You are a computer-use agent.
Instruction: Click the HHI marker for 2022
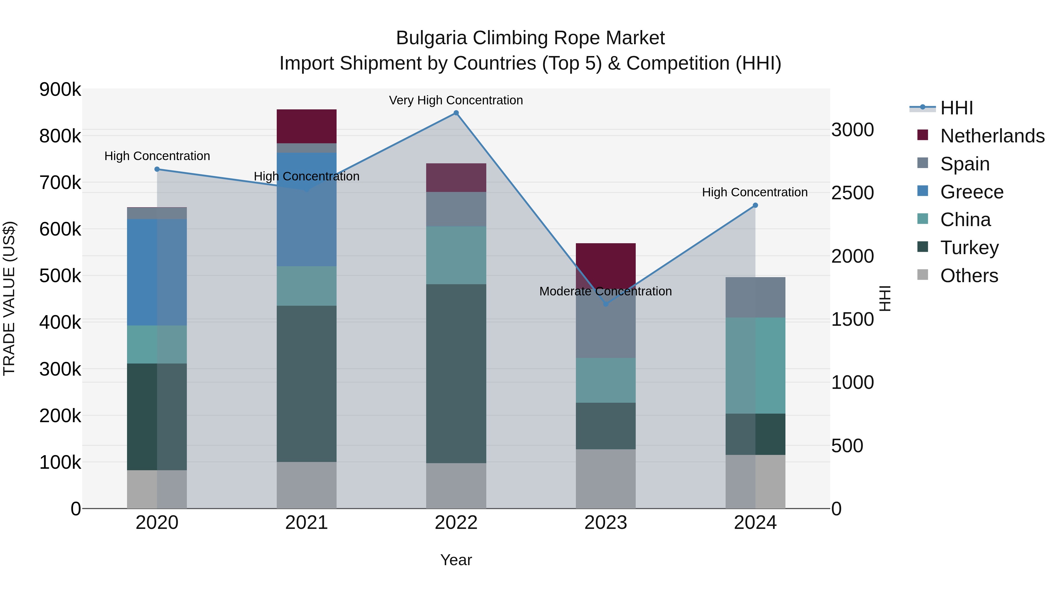456,113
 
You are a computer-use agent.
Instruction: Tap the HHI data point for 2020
157,169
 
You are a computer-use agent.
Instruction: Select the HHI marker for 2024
755,205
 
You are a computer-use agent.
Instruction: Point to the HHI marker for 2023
605,304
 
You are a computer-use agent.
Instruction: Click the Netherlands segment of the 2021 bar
307,126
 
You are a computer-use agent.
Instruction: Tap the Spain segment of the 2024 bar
755,297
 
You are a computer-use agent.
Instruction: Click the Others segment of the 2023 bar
605,479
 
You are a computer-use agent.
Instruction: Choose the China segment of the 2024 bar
755,366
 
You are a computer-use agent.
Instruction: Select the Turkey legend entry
969,248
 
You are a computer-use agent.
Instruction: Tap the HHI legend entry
956,108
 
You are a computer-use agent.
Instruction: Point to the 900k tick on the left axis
60,89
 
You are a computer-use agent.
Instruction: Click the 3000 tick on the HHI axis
852,130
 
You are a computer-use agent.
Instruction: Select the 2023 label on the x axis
605,523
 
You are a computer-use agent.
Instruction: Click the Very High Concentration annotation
456,100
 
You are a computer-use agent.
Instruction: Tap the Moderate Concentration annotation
605,291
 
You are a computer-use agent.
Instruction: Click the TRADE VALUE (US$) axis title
9,298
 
